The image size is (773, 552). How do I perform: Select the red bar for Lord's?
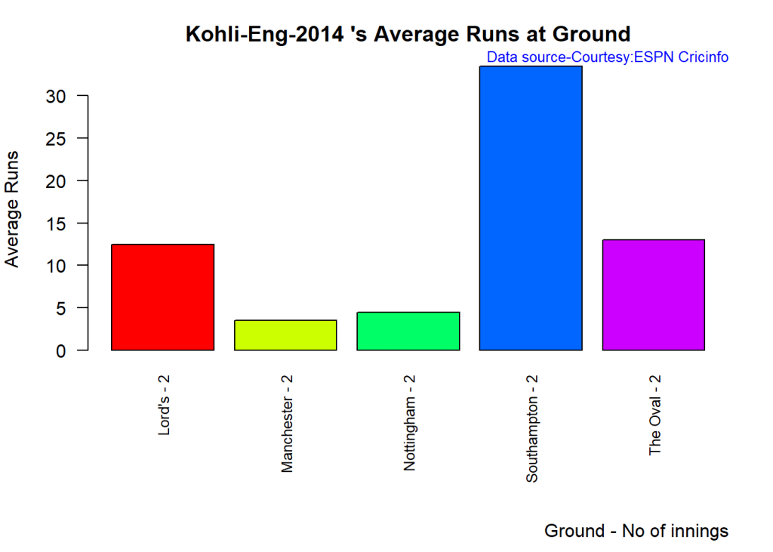pos(162,297)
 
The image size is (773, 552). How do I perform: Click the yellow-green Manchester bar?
pos(285,335)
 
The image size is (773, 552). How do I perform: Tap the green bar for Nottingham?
pos(408,331)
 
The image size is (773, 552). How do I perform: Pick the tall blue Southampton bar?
pos(531,208)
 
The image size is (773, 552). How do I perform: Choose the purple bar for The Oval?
pos(654,295)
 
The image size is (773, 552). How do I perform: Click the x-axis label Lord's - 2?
pos(163,409)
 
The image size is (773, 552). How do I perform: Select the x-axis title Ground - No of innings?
pos(636,531)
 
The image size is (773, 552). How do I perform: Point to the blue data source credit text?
pos(608,57)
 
